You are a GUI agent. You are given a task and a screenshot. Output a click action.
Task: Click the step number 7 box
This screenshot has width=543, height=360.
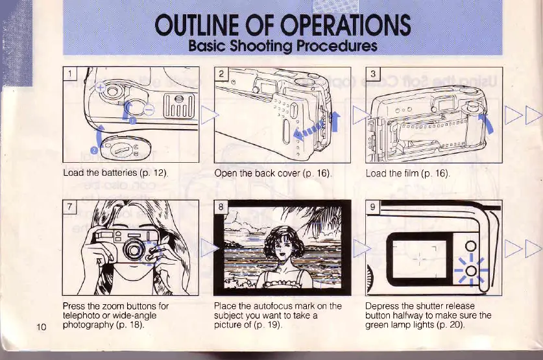click(x=71, y=208)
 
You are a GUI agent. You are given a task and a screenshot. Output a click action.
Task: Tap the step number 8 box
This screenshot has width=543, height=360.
click(x=221, y=209)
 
